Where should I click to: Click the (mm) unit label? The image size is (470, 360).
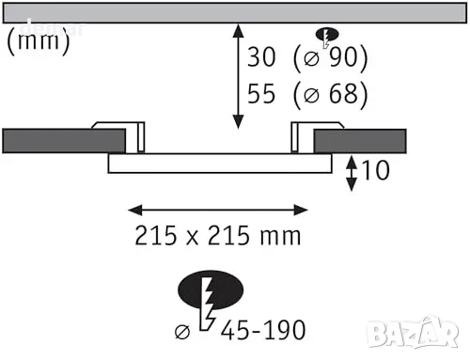39,41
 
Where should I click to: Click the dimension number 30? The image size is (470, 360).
261,57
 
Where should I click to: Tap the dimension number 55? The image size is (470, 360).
261,93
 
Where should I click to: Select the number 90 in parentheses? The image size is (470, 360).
343,57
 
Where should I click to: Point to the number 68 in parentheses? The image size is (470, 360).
343,93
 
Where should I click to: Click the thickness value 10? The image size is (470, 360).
376,170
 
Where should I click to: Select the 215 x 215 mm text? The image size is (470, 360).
218,235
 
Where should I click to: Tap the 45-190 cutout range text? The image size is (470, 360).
263,330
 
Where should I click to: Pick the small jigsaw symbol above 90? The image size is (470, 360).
327,36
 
